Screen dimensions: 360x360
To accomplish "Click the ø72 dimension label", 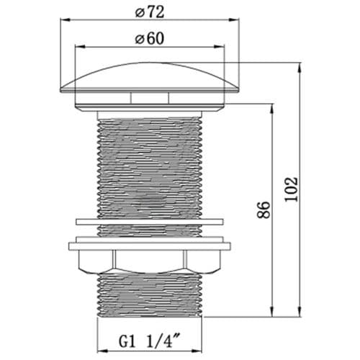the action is point(150,12).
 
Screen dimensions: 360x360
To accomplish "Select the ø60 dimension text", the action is point(150,39).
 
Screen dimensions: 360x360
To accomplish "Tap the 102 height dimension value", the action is point(291,189).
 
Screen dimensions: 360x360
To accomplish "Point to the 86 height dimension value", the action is point(264,210).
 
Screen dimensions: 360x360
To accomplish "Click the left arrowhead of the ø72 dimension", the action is point(65,20).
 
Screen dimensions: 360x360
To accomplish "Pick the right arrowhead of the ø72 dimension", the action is point(234,20).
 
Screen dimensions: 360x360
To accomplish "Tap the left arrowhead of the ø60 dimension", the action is point(81,47).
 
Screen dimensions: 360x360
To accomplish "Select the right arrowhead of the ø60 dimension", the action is point(219,47).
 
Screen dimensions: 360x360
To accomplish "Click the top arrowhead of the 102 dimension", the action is point(300,68).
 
